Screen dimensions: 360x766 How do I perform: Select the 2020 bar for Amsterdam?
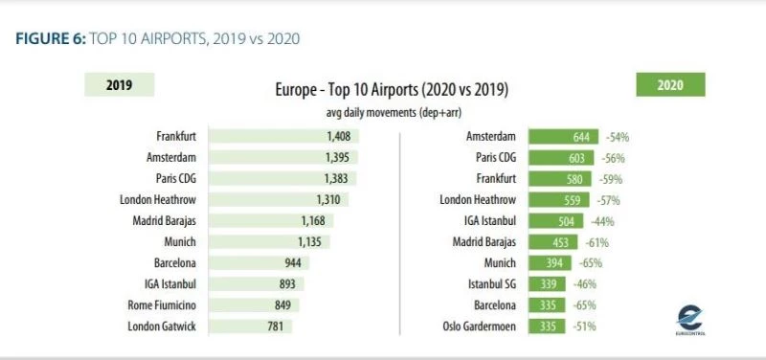tap(563, 137)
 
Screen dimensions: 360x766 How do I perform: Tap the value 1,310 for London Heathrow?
tap(331, 200)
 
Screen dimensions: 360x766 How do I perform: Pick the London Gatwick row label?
tap(163, 326)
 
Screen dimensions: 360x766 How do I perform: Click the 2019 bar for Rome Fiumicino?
tap(254, 305)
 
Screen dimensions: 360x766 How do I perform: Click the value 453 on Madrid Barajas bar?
tap(549, 242)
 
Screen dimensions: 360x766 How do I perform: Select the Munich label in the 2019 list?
tap(181, 242)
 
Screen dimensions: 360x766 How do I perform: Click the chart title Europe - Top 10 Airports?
tap(391, 91)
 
